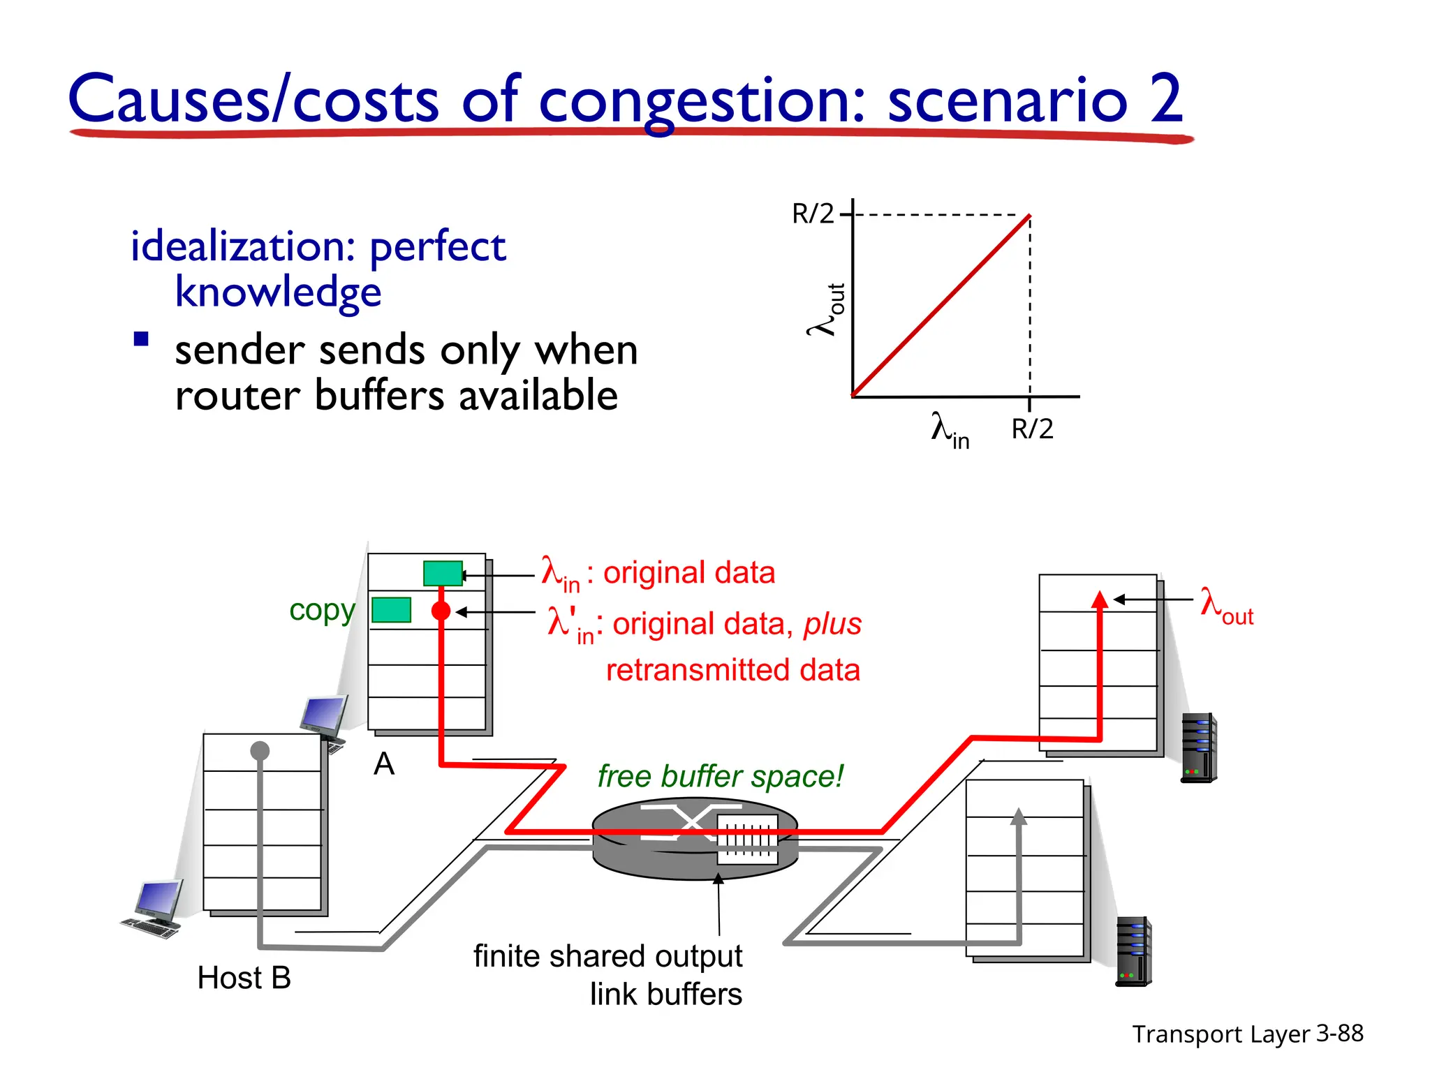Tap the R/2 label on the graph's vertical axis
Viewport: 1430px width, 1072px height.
tap(812, 214)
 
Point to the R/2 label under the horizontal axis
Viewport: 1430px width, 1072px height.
tap(1032, 429)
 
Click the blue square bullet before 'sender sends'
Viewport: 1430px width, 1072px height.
tap(142, 340)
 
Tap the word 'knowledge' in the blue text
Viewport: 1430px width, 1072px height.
tap(278, 292)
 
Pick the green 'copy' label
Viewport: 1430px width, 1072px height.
tap(322, 611)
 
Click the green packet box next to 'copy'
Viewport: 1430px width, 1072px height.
tap(391, 610)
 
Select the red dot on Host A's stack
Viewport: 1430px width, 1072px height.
tap(441, 611)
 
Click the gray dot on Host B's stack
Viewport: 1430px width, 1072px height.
tap(260, 751)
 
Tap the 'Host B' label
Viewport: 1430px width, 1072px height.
tap(244, 978)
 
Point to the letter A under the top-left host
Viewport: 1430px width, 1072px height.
tap(384, 764)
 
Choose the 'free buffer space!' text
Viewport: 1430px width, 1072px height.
tap(720, 776)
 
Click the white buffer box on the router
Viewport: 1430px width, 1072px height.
tap(747, 840)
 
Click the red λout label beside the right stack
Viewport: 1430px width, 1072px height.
tap(1226, 605)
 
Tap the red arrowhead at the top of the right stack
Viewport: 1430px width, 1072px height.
tap(1100, 600)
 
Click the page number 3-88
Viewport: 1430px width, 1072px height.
tap(1339, 1033)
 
